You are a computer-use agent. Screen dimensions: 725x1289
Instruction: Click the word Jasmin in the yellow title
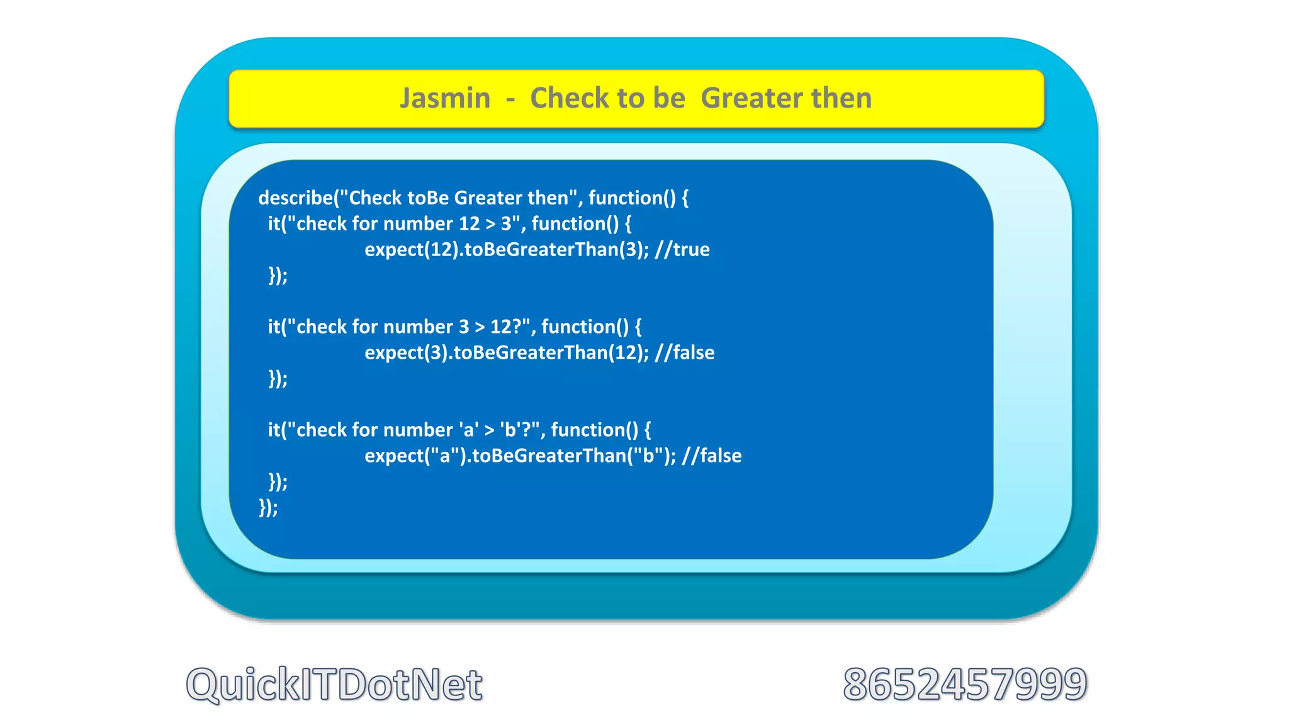pos(445,98)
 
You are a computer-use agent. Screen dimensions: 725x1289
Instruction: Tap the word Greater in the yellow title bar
pos(749,98)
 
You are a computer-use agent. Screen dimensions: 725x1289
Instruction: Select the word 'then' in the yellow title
pos(842,98)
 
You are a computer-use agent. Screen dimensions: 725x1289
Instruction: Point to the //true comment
pos(682,250)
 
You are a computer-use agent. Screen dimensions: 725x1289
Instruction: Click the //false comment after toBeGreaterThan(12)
pos(685,353)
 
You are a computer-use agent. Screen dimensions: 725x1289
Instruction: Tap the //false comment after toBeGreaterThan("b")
pos(712,456)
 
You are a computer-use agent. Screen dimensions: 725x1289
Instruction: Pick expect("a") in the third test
pos(415,456)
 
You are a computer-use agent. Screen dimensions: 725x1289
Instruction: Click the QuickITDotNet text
pos(334,685)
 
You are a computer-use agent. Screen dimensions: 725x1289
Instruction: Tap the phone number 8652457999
pos(965,685)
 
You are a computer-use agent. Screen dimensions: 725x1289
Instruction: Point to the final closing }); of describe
pos(268,508)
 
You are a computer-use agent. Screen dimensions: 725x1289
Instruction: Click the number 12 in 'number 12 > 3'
pos(469,224)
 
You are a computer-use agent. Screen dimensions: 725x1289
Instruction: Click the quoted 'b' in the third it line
pos(509,430)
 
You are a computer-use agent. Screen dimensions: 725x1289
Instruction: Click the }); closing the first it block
pos(278,276)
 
